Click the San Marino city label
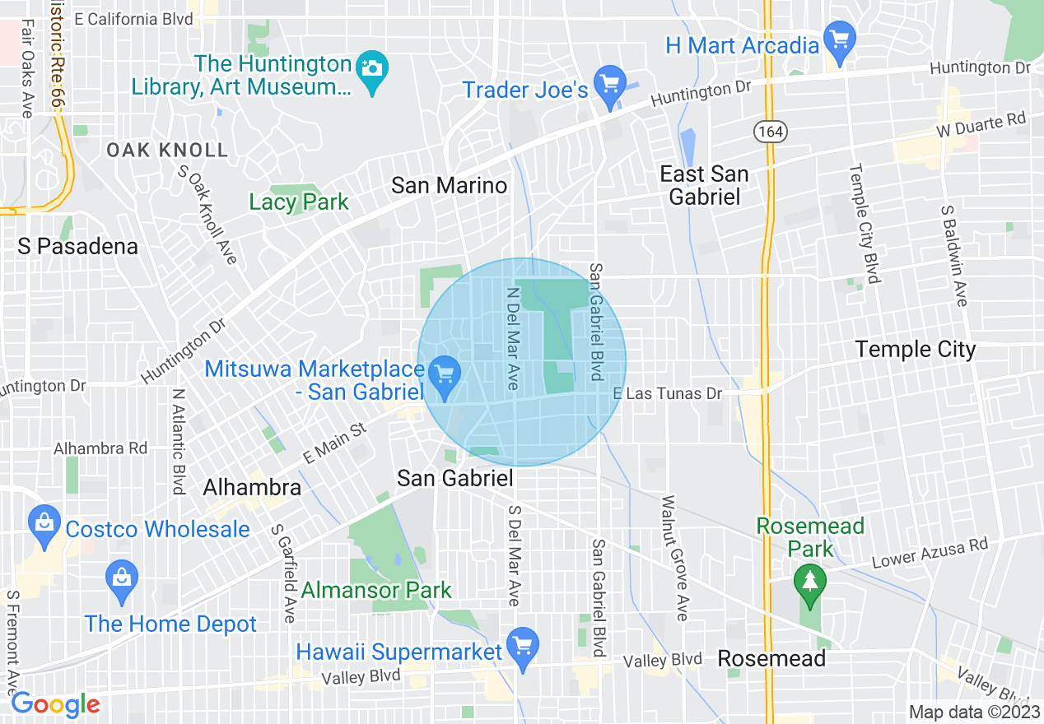(x=449, y=185)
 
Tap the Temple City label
(x=915, y=350)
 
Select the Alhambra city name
(x=252, y=487)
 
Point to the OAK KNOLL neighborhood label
(x=167, y=150)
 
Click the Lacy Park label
(x=299, y=202)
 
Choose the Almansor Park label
(x=376, y=590)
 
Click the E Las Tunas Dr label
(x=668, y=394)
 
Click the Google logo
(x=55, y=704)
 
